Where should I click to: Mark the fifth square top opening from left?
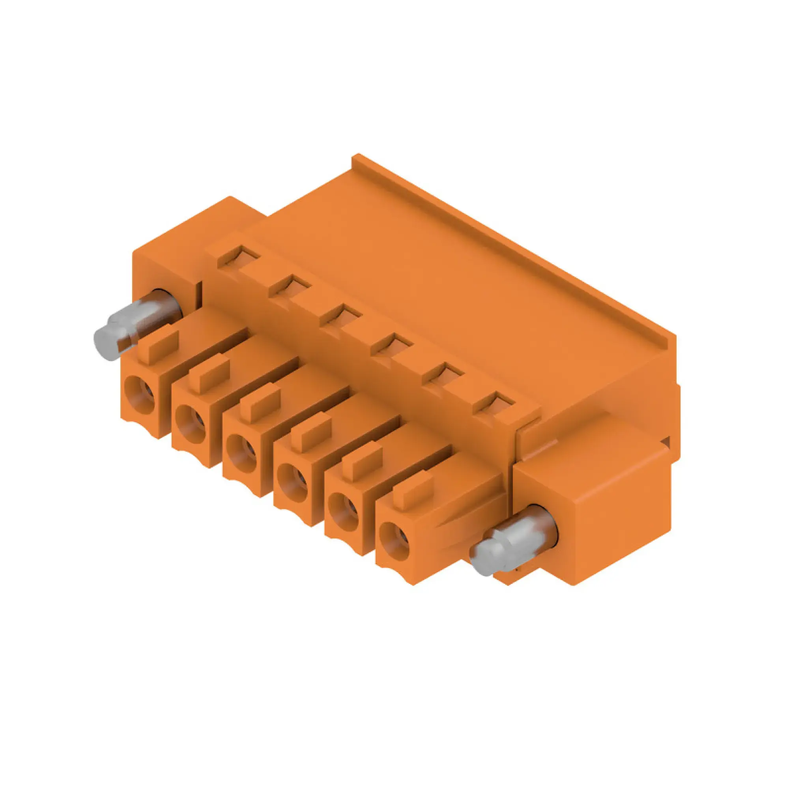(443, 372)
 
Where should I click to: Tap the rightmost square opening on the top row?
(494, 402)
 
